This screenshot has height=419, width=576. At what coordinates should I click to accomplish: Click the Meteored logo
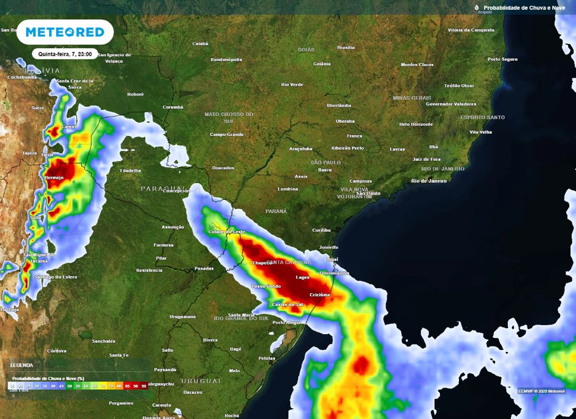[65, 32]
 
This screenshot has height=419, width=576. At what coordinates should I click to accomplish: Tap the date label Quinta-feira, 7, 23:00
[65, 54]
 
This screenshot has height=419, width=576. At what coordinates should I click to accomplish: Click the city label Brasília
[346, 48]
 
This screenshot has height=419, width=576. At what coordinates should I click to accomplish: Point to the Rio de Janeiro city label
[429, 181]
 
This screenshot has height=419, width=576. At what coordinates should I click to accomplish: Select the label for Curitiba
[322, 230]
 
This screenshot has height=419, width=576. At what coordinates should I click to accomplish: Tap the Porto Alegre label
[286, 322]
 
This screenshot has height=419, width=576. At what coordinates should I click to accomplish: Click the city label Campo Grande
[227, 134]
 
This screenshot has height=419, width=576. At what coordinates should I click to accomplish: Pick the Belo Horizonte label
[416, 124]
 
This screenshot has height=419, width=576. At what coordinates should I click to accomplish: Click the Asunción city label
[173, 227]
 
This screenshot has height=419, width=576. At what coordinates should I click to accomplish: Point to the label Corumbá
[173, 107]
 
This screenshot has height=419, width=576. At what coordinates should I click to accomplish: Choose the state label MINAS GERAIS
[412, 98]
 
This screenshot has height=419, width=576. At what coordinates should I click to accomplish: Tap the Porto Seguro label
[502, 59]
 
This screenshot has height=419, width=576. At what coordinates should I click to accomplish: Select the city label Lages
[303, 277]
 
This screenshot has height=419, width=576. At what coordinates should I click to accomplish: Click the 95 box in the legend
[144, 386]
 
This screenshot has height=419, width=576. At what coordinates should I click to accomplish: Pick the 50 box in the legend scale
[70, 386]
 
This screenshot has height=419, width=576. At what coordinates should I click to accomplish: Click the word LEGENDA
[21, 365]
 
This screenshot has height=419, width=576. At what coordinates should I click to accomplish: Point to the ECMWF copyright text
[541, 390]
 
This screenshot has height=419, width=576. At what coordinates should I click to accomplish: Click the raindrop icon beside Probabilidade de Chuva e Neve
[476, 7]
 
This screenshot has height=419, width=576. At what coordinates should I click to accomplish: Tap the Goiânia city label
[322, 64]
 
